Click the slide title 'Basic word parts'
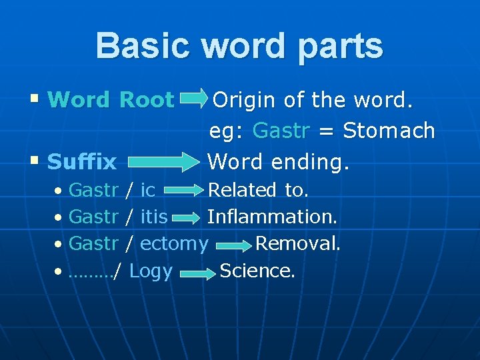(239, 46)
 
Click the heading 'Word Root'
(111, 100)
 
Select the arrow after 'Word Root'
(194, 100)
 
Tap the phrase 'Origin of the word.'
(313, 100)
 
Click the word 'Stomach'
(389, 131)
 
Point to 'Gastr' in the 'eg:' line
(281, 131)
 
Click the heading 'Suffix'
(82, 161)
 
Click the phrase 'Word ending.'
(278, 161)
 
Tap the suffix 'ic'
(147, 191)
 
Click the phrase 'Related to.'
(258, 191)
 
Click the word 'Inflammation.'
(273, 217)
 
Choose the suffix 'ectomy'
(174, 244)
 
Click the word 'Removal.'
(298, 244)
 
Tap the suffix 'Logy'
(151, 271)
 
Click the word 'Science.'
(257, 271)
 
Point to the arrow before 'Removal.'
(232, 245)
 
